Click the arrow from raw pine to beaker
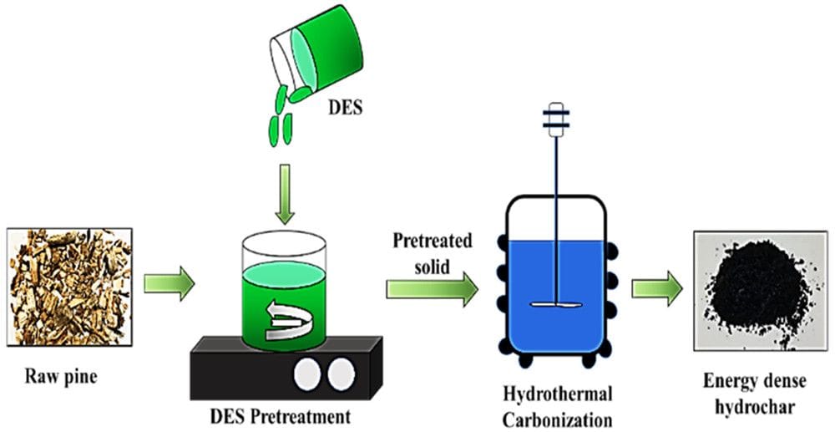169,284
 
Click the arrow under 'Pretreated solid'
432,289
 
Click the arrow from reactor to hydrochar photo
657,289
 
